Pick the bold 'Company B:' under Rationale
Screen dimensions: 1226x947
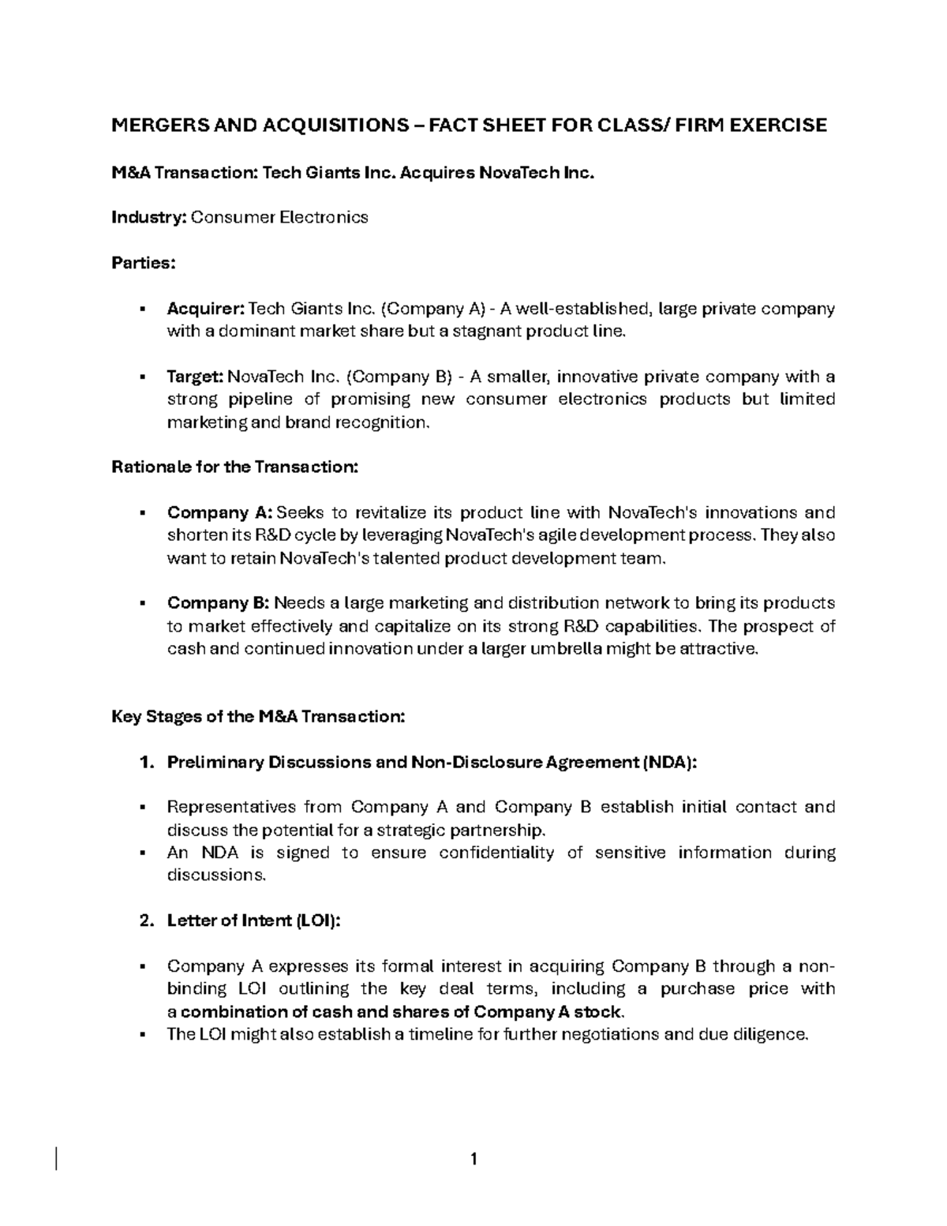pos(219,603)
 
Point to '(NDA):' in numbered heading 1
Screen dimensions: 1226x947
pos(669,763)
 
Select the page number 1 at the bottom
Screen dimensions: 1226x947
pos(473,1159)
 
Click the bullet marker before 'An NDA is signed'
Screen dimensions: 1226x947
pos(143,853)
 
